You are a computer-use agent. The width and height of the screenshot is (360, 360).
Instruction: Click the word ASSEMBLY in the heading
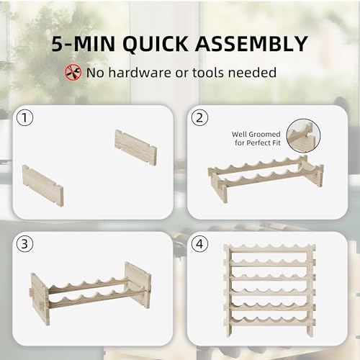click(254, 44)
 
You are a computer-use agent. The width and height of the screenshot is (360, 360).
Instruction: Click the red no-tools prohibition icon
click(73, 73)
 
